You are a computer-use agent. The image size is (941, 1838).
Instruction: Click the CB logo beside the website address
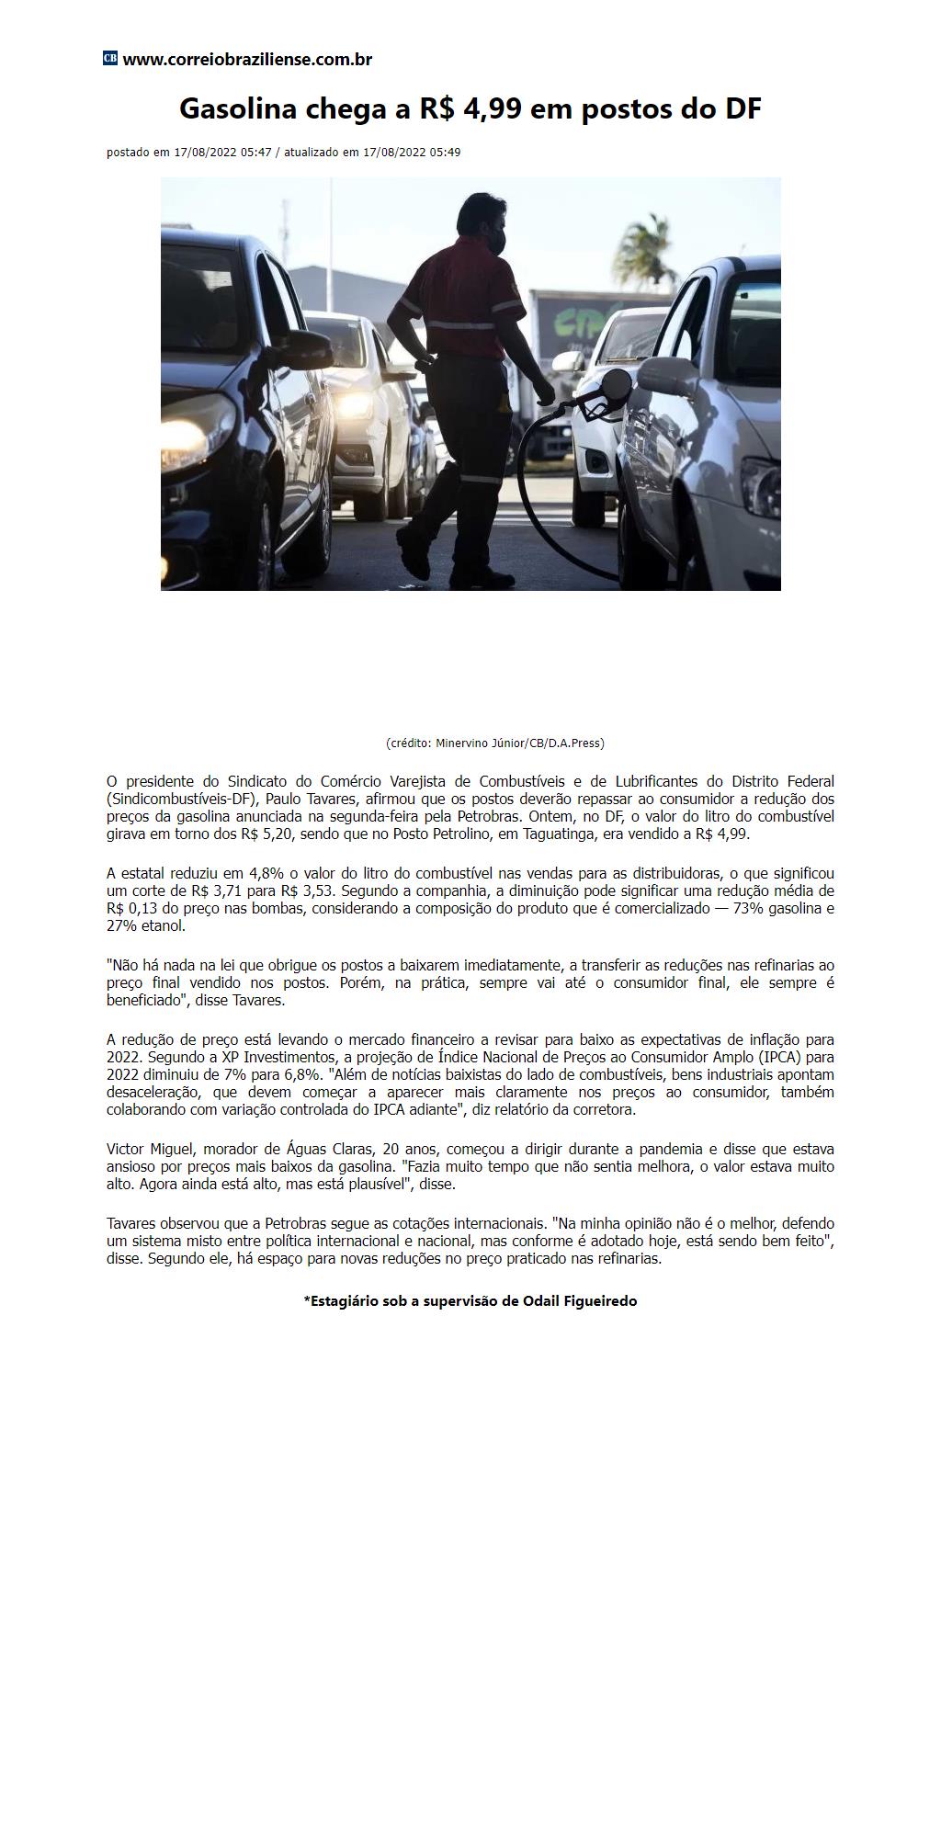coord(110,59)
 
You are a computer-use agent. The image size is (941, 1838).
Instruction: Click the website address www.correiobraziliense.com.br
coord(247,60)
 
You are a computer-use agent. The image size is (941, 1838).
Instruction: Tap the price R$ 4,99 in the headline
coord(470,109)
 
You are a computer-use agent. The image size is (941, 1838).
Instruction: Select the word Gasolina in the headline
coord(237,109)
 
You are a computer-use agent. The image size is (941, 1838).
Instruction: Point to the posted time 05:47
coord(256,153)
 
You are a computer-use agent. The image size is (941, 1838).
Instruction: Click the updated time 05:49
coord(446,153)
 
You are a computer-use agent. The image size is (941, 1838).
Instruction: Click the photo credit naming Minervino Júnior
coord(494,743)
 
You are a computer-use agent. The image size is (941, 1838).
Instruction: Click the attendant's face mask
coord(497,241)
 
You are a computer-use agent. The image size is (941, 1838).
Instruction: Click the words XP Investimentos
coord(279,1057)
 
